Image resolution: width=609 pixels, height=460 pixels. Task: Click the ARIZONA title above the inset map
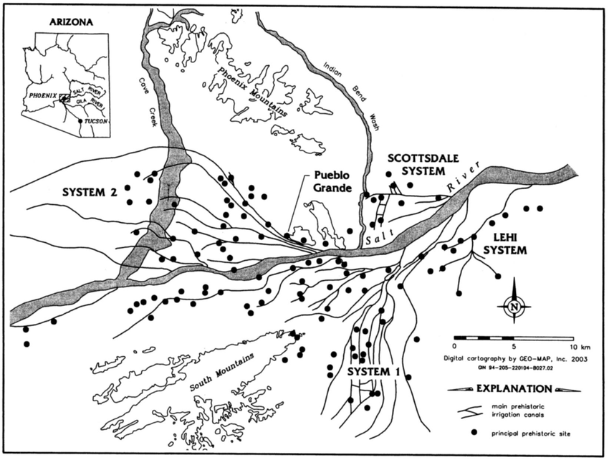pos(71,22)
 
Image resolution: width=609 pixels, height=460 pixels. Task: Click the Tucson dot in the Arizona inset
pos(80,122)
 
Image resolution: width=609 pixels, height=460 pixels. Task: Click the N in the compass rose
pos(514,307)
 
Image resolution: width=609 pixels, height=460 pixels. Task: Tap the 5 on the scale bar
pos(514,345)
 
